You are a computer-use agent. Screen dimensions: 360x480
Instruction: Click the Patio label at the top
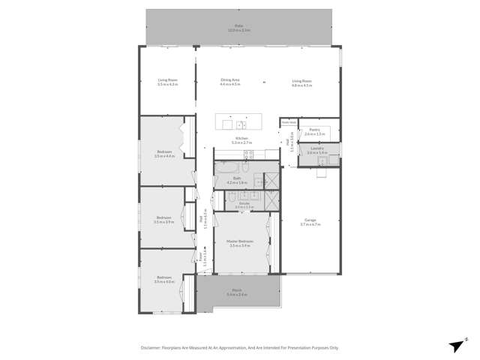239,27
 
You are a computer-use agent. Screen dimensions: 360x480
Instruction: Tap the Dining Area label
229,82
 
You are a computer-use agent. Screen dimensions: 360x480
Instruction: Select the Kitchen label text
241,139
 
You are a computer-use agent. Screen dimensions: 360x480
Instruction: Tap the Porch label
236,292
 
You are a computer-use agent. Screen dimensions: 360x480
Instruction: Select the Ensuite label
244,204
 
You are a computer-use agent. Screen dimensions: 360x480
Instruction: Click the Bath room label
237,180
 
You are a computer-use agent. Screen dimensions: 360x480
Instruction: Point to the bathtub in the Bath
226,166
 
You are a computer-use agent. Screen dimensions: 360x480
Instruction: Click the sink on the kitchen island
240,124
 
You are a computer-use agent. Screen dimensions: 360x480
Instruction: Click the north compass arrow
455,344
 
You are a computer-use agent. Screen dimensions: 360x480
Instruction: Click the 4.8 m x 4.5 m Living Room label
301,82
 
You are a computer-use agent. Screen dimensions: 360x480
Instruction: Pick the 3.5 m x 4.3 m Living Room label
167,82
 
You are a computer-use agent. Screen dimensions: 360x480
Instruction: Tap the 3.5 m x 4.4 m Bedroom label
163,154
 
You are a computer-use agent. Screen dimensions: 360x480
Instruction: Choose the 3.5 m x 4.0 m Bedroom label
163,280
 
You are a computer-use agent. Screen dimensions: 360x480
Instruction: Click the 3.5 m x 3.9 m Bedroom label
163,220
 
